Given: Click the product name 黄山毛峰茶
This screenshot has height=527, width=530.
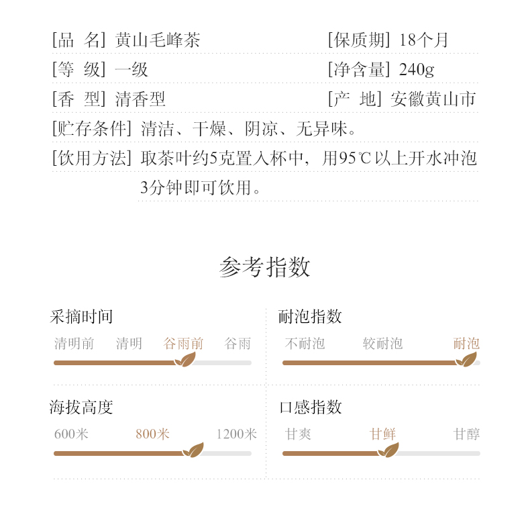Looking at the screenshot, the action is tap(158, 40).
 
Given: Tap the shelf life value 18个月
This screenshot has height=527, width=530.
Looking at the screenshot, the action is tap(423, 40).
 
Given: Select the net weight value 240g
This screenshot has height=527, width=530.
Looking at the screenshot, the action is tap(417, 70).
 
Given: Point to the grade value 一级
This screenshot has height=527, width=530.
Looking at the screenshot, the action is tap(131, 70).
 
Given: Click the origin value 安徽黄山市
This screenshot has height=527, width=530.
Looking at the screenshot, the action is tap(433, 100).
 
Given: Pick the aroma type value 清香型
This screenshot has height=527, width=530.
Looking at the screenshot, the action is tap(140, 100).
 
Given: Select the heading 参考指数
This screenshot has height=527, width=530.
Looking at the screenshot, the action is tap(265, 267).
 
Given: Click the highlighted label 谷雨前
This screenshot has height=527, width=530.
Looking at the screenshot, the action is tap(183, 344).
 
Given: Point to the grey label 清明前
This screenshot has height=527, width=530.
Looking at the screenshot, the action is tap(74, 344).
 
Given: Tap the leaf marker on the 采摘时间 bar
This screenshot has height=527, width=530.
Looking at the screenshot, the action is tap(184, 360).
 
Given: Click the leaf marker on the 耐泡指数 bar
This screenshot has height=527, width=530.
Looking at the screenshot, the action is tap(466, 360).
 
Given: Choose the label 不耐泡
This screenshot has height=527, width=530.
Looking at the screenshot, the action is tap(305, 344).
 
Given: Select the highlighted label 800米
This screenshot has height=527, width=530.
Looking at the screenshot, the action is tap(152, 434).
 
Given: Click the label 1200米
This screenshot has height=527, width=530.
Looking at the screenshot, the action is tap(236, 434).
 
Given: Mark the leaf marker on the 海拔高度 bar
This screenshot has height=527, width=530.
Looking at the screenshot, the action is tap(193, 450).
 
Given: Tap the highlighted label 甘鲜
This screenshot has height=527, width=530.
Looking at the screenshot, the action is tap(382, 434).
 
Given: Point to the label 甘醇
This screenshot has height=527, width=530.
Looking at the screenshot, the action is tap(466, 434).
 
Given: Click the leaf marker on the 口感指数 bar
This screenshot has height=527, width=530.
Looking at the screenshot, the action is tap(388, 450).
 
